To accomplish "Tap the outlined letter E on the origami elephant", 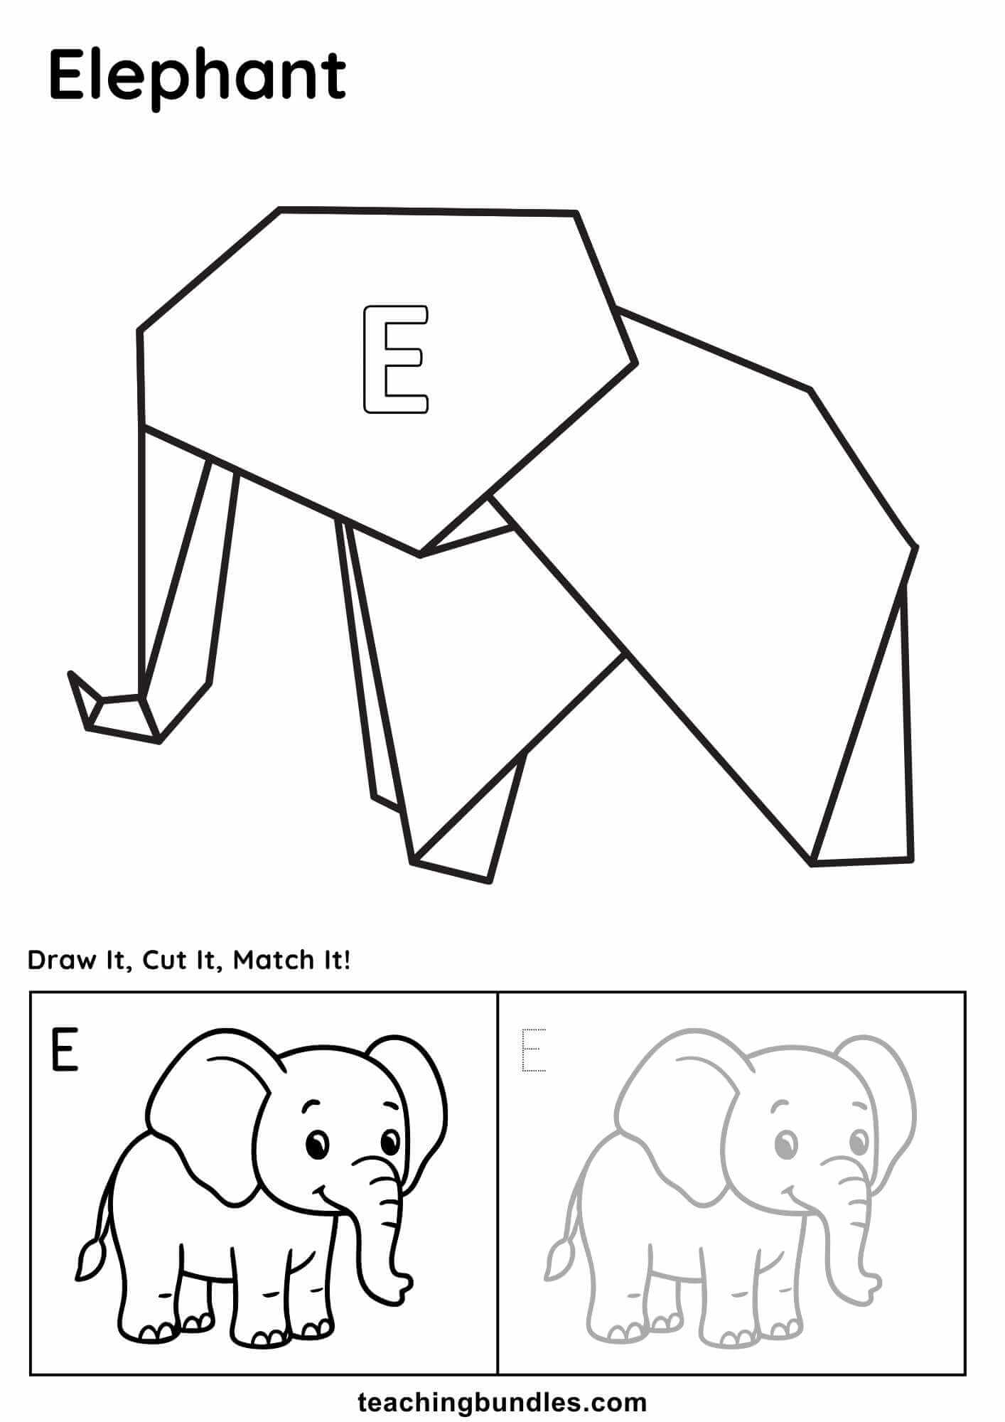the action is coord(396,359).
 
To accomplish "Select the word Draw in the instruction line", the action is coord(61,961).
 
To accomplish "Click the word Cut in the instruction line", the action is coord(163,961).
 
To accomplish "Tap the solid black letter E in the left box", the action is coord(64,1050).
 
